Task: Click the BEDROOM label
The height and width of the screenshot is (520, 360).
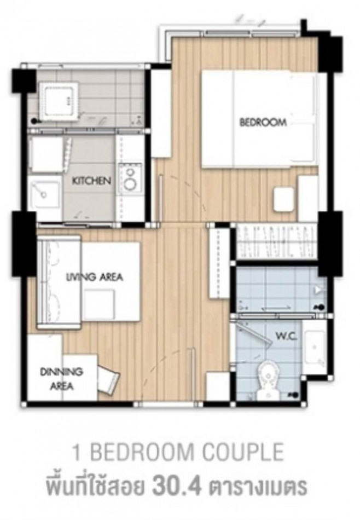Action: pyautogui.click(x=263, y=123)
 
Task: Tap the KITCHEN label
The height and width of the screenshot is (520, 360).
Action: pyautogui.click(x=91, y=181)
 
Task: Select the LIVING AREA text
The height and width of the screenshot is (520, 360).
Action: pyautogui.click(x=95, y=276)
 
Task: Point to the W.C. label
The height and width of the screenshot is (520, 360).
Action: pyautogui.click(x=286, y=337)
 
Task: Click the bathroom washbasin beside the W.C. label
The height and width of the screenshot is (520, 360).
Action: pyautogui.click(x=315, y=346)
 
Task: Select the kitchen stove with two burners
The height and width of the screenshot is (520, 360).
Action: pyautogui.click(x=130, y=178)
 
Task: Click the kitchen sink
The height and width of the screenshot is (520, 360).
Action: pyautogui.click(x=44, y=192)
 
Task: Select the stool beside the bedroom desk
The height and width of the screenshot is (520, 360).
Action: pyautogui.click(x=284, y=199)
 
